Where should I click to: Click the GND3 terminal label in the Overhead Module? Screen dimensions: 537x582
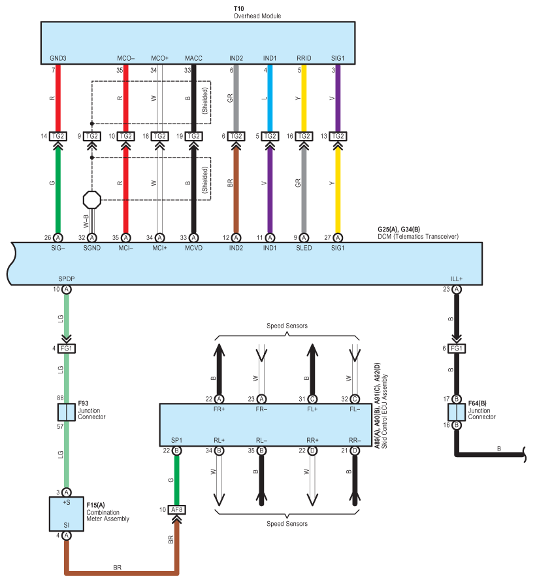coord(58,58)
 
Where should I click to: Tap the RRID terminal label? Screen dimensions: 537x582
coord(304,58)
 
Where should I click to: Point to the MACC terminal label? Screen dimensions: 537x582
coord(193,58)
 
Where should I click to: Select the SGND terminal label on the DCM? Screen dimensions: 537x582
coord(92,248)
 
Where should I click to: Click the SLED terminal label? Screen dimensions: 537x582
coord(304,248)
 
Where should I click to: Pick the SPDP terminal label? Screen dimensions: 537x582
coord(67,279)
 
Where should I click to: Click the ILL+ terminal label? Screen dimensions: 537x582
coord(457,279)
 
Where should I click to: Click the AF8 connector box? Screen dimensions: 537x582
coord(177,509)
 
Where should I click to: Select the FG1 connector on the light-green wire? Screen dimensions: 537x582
coord(67,348)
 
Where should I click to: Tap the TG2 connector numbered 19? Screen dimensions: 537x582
coord(193,136)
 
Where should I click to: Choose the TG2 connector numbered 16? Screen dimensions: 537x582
coord(304,136)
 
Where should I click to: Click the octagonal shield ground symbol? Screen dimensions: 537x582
coord(92,200)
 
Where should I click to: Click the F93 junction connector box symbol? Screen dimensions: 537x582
coord(67,412)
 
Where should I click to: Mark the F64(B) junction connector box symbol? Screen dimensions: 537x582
coord(457,412)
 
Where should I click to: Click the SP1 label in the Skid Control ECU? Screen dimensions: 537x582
coord(177,440)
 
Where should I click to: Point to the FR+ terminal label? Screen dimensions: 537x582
coord(219,409)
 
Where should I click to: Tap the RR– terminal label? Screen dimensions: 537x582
coord(355,440)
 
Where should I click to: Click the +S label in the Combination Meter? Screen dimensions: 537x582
coord(67,502)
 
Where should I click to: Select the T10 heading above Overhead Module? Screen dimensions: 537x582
coord(239,9)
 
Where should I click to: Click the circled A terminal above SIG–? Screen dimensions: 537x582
coord(58,237)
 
